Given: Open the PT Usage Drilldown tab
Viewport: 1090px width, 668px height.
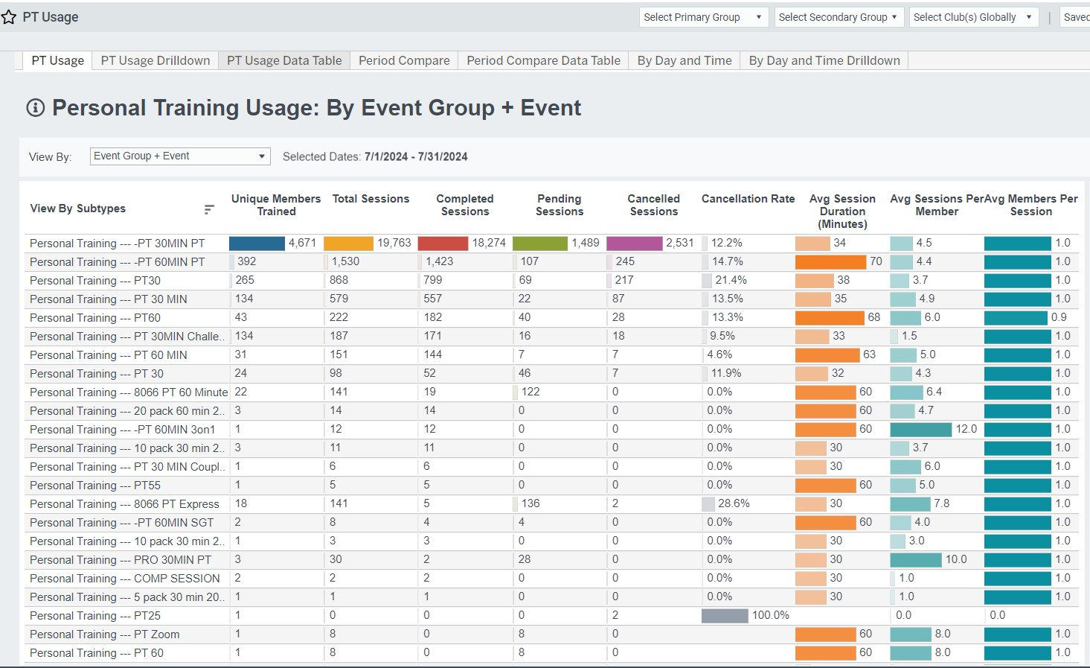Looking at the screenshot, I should point(156,60).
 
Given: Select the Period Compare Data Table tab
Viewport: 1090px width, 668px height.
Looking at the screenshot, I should point(543,60).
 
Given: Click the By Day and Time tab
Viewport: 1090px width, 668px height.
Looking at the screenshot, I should point(684,60).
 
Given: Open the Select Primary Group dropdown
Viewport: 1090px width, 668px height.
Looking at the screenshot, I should point(702,17).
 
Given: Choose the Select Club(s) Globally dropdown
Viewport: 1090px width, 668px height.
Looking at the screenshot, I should point(973,17).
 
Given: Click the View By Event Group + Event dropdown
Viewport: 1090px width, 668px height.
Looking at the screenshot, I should point(179,156).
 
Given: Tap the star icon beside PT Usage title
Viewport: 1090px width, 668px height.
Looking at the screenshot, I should point(9,17).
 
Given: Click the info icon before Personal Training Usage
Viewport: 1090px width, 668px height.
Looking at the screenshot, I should point(36,108).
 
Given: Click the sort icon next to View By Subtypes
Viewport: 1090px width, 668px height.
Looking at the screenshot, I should point(209,209).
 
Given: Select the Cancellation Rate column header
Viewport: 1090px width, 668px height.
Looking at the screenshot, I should point(748,199).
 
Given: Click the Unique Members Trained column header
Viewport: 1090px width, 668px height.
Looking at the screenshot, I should point(276,205).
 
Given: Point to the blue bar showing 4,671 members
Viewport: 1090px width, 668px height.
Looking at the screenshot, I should point(257,243).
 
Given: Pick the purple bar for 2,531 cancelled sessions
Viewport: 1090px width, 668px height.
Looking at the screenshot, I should point(634,243).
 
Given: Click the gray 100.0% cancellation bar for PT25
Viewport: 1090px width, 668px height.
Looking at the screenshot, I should point(725,615).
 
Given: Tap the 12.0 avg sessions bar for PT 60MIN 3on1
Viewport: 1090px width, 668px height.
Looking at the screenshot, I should point(920,429).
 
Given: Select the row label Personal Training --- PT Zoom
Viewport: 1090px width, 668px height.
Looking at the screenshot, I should point(104,634).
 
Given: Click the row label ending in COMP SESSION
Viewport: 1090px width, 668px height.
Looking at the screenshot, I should point(124,579).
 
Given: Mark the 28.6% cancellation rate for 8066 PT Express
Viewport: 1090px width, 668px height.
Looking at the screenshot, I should point(734,503).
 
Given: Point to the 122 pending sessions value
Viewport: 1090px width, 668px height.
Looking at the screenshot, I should point(530,392).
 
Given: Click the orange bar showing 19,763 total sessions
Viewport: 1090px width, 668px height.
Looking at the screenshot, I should point(348,243).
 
